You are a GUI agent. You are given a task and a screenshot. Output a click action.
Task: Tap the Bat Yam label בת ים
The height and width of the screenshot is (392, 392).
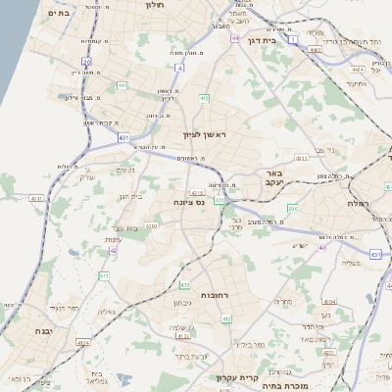(58, 14)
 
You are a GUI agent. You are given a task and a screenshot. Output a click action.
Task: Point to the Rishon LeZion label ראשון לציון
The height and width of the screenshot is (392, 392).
(204, 135)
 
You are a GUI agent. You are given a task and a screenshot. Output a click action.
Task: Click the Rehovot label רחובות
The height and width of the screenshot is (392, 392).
(214, 295)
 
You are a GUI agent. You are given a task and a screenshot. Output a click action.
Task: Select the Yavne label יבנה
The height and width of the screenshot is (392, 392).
(43, 331)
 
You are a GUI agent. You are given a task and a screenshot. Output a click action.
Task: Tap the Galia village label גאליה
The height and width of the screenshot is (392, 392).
(108, 313)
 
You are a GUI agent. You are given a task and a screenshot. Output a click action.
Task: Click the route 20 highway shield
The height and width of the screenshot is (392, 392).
(87, 63)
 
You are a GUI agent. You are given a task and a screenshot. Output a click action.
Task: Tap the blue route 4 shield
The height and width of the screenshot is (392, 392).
(179, 68)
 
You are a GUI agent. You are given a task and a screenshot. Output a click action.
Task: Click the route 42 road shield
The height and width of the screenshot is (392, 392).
(114, 250)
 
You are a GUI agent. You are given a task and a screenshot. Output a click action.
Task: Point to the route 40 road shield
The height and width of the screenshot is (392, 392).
(322, 247)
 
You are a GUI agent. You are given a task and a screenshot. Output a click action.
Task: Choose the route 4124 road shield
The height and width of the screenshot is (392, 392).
(83, 342)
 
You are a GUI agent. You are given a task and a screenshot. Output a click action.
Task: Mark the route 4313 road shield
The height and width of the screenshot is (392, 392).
(301, 157)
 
